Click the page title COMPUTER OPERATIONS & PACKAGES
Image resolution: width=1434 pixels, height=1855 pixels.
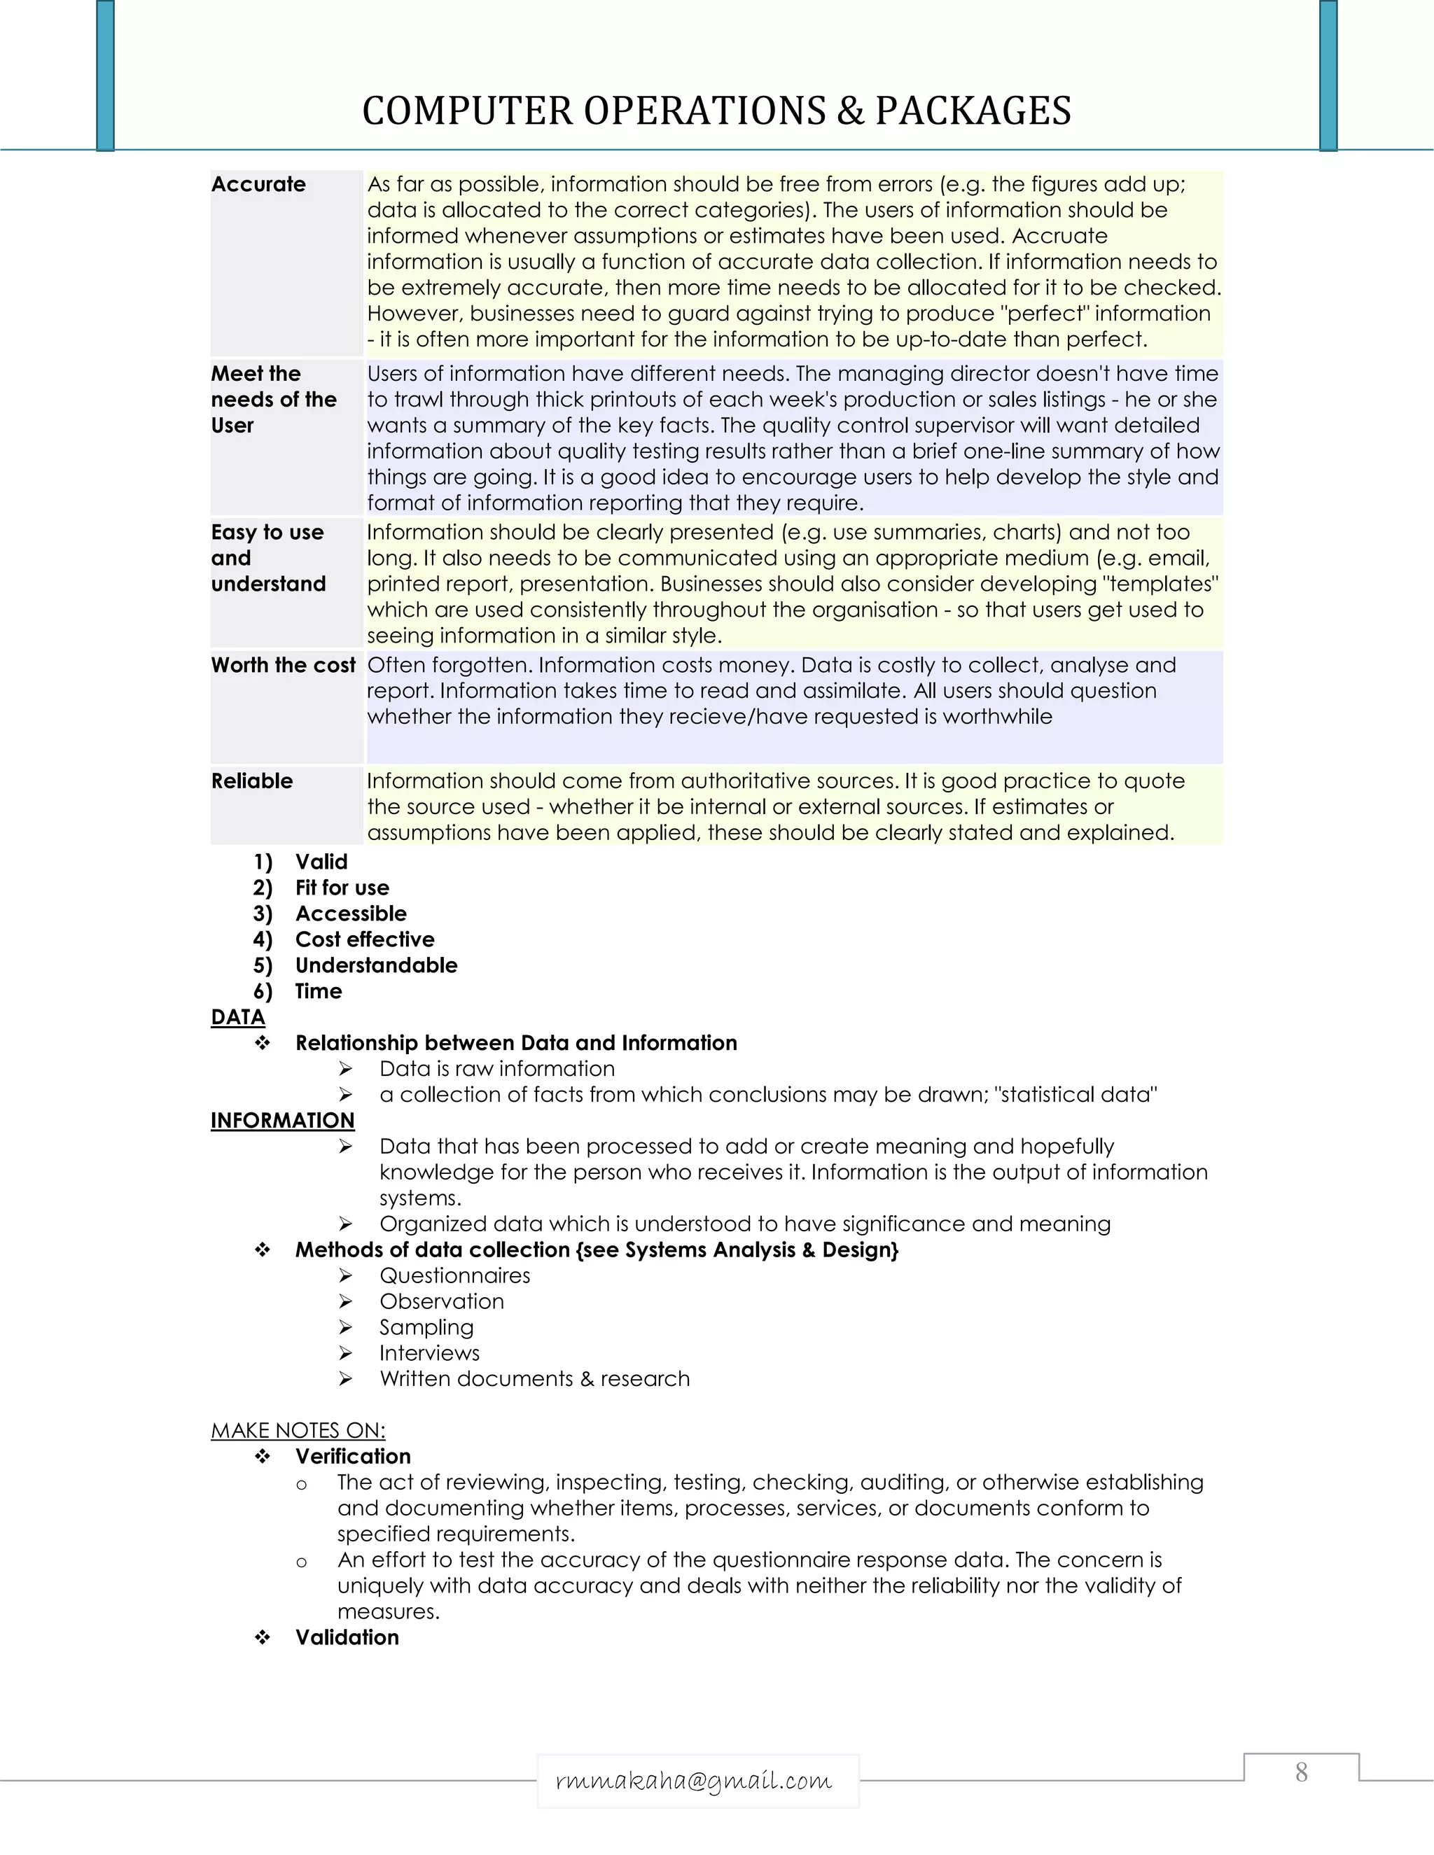pyautogui.click(x=716, y=111)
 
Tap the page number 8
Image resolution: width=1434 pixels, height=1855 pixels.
pyautogui.click(x=1301, y=1772)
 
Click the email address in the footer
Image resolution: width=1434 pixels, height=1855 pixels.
pyautogui.click(x=693, y=1780)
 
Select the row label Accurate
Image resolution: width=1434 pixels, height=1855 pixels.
pyautogui.click(x=258, y=184)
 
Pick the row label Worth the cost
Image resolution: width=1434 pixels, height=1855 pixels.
pyautogui.click(x=283, y=665)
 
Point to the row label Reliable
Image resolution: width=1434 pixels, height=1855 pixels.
pyautogui.click(x=251, y=780)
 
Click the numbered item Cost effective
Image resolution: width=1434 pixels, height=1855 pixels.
pyautogui.click(x=364, y=939)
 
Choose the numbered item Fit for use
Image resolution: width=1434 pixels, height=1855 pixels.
pyautogui.click(x=342, y=888)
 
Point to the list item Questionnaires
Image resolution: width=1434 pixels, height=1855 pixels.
pyautogui.click(x=454, y=1275)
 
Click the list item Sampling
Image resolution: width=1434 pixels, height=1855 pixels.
pyautogui.click(x=426, y=1326)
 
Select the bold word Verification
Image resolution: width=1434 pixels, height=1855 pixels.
pyautogui.click(x=353, y=1456)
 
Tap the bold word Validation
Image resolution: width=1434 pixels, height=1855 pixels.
pyautogui.click(x=347, y=1637)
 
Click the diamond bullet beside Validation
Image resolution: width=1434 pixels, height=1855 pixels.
pyautogui.click(x=263, y=1637)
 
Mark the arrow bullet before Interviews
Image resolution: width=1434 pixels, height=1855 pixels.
pyautogui.click(x=345, y=1353)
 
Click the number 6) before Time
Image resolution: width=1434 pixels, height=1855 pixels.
pyautogui.click(x=263, y=991)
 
